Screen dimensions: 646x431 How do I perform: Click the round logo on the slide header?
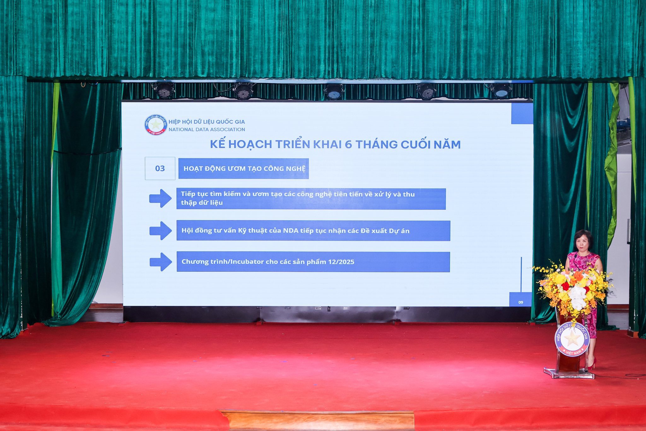point(156,125)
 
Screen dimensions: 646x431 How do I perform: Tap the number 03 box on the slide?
point(160,168)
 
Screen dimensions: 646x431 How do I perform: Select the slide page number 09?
point(520,302)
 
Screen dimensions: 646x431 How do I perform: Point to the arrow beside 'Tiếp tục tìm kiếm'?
point(160,198)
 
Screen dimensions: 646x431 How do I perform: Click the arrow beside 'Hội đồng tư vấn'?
point(161,231)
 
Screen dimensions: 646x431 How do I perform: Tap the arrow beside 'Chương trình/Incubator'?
point(161,262)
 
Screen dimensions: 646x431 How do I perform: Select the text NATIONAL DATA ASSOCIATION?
point(207,129)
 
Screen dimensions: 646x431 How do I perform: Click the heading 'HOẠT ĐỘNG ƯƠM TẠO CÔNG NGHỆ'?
point(244,169)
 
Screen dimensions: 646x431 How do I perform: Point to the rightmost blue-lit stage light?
point(501,90)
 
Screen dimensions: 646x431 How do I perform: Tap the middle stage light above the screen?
point(334,92)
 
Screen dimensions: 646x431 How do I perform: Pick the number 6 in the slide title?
point(348,145)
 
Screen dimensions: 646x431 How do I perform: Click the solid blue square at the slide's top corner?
point(522,113)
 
